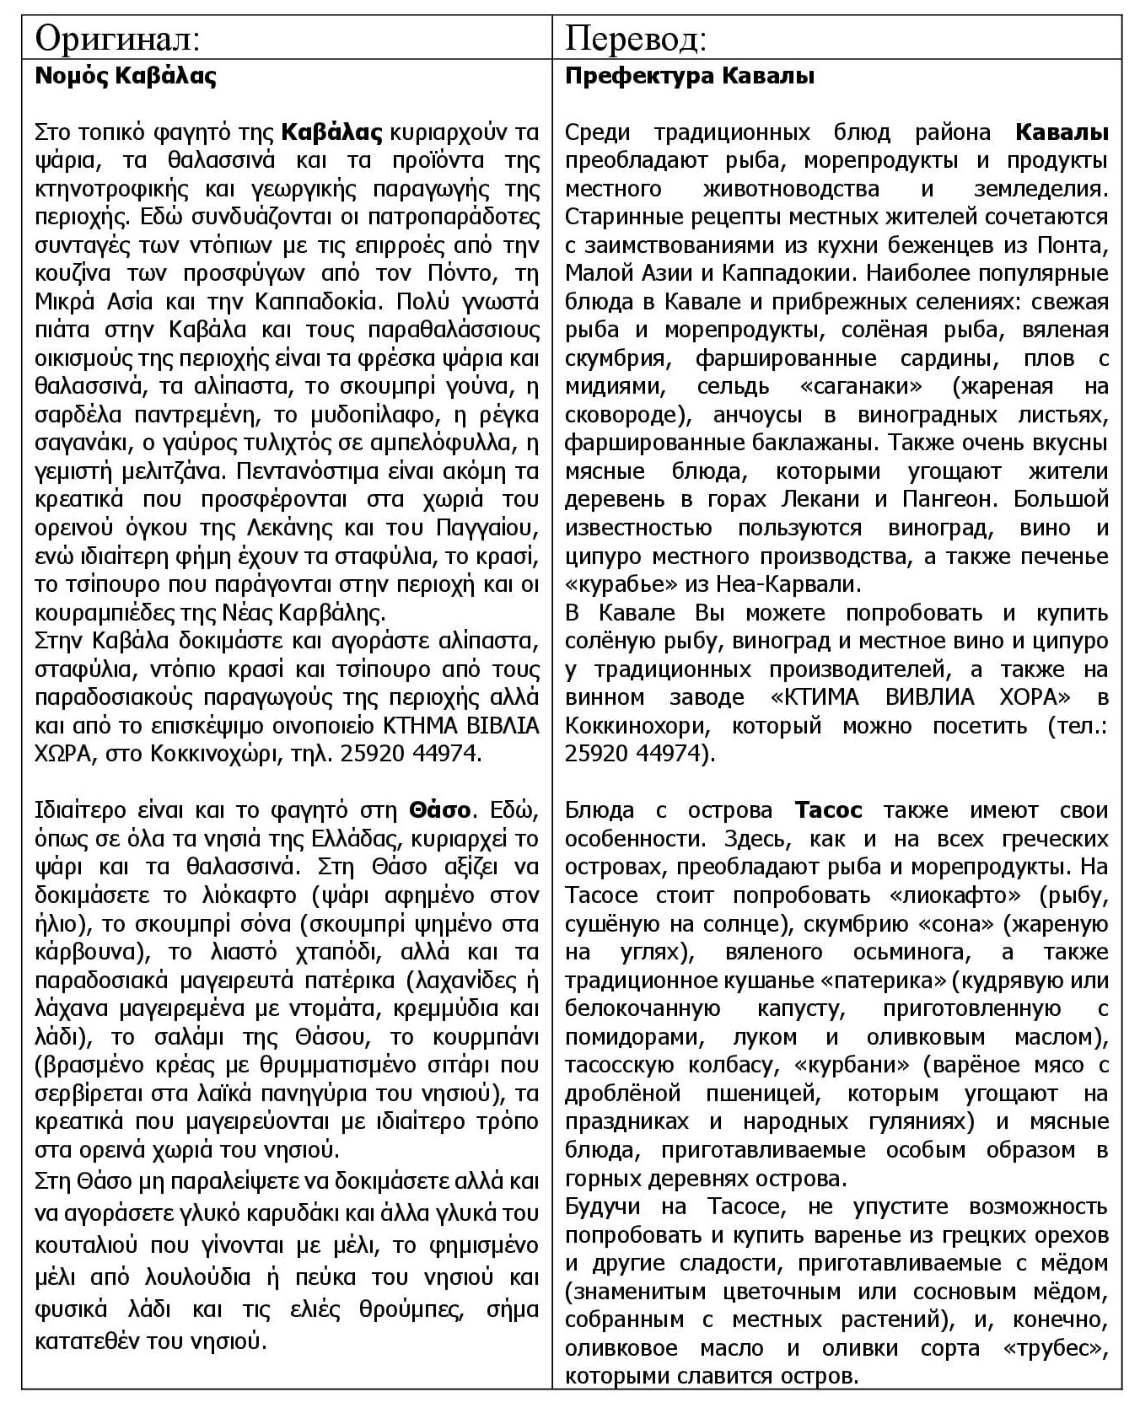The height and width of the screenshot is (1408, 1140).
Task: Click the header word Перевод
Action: pos(635,39)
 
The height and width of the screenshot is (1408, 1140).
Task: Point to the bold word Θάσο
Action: pos(440,810)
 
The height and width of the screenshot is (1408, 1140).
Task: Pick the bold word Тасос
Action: pos(828,810)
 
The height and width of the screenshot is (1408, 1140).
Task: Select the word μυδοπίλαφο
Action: pos(349,415)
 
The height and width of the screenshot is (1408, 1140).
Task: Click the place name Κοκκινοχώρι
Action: pos(214,754)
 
